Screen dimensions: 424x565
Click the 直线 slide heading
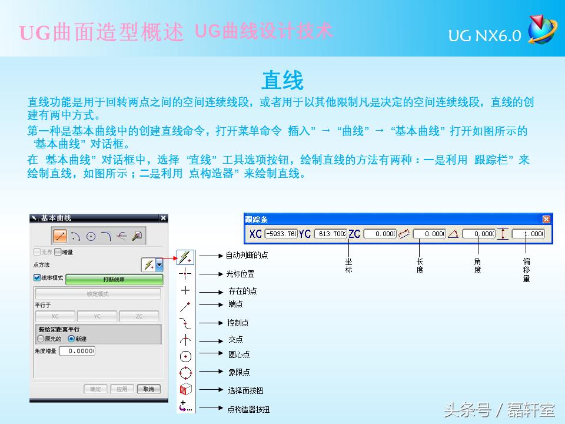pyautogui.click(x=282, y=79)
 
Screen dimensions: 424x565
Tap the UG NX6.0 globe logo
pyautogui.click(x=542, y=30)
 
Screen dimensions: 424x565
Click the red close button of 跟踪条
pyautogui.click(x=546, y=219)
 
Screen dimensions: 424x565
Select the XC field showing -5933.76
pyautogui.click(x=281, y=234)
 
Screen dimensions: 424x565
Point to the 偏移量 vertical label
pyautogui.click(x=526, y=270)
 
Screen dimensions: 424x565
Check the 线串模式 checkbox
pyautogui.click(x=37, y=277)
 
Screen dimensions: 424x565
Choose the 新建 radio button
pyautogui.click(x=71, y=339)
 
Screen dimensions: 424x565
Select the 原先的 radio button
pyautogui.click(x=41, y=339)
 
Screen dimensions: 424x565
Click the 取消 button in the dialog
pyautogui.click(x=148, y=389)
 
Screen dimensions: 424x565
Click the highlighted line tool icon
pyautogui.click(x=59, y=236)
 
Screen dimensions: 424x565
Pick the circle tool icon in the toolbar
pyautogui.click(x=91, y=236)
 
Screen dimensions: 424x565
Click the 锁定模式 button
pyautogui.click(x=98, y=293)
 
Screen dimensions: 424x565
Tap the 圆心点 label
pyautogui.click(x=239, y=355)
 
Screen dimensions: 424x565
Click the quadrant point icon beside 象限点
pyautogui.click(x=185, y=372)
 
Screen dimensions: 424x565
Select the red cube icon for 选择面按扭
pyautogui.click(x=185, y=390)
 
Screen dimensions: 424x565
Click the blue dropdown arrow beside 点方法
pyautogui.click(x=159, y=265)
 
